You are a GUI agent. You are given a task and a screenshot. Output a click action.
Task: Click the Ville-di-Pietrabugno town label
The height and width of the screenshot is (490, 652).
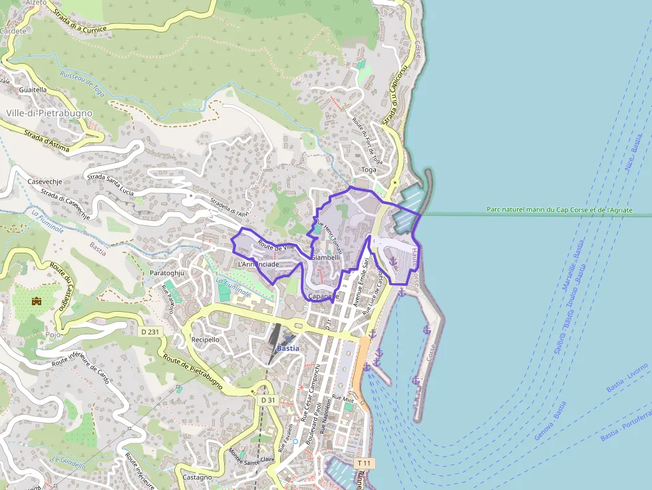(x=49, y=113)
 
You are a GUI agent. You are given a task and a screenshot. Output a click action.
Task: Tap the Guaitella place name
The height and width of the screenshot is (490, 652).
(x=33, y=89)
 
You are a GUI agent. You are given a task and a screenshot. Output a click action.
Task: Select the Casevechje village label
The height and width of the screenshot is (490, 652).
(x=45, y=181)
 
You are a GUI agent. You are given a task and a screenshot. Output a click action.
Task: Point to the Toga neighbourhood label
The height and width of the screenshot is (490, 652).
(x=369, y=170)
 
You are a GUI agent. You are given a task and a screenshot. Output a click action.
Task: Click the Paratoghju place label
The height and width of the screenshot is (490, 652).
(x=166, y=273)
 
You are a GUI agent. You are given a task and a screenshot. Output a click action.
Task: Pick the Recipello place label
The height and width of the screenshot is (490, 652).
(x=206, y=339)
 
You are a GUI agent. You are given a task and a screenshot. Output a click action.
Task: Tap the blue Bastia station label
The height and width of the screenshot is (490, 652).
(x=288, y=348)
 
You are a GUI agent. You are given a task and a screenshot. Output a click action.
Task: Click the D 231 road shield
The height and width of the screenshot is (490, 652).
(x=151, y=331)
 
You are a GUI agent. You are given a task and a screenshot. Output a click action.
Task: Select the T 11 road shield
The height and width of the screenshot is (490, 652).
(x=364, y=463)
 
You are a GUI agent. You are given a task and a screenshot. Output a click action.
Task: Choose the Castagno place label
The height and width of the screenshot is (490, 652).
(x=197, y=477)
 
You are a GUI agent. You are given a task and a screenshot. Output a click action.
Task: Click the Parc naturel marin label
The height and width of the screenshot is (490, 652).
(x=559, y=209)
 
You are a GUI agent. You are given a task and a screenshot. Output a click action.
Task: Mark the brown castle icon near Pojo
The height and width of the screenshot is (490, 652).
(x=37, y=301)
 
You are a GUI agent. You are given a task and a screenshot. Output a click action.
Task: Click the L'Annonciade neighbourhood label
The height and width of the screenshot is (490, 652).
(x=258, y=264)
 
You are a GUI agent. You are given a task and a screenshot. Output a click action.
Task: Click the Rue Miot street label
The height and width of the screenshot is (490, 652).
(x=343, y=398)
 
